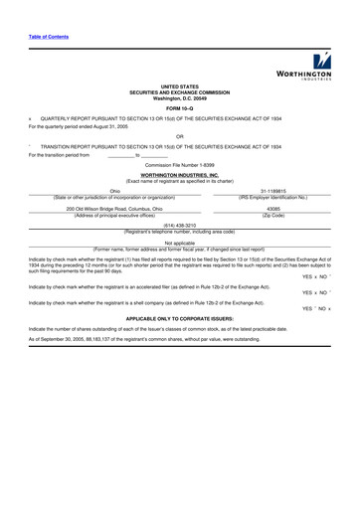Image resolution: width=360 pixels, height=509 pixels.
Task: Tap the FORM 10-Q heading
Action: [x=180, y=107]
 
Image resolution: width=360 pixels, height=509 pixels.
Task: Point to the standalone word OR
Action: [x=179, y=136]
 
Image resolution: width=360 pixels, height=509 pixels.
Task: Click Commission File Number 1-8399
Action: [x=180, y=163]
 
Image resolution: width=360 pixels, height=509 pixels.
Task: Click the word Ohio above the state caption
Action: [x=114, y=189]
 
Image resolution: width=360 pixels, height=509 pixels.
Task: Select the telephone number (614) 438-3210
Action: [x=180, y=226]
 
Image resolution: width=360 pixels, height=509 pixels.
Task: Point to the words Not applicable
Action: [x=180, y=242]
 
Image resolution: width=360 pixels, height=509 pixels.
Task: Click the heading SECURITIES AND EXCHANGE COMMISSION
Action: [x=180, y=92]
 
